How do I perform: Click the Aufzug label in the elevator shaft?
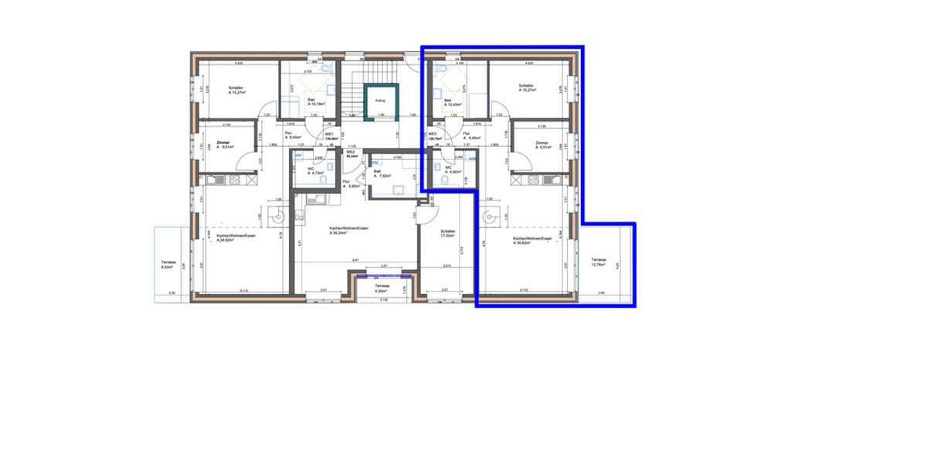click(x=379, y=101)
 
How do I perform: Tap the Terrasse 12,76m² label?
click(x=599, y=262)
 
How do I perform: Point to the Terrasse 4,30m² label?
click(x=382, y=288)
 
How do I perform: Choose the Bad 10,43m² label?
click(x=451, y=101)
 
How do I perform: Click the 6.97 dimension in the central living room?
click(x=355, y=261)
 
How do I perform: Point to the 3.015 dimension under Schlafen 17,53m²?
click(x=447, y=266)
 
